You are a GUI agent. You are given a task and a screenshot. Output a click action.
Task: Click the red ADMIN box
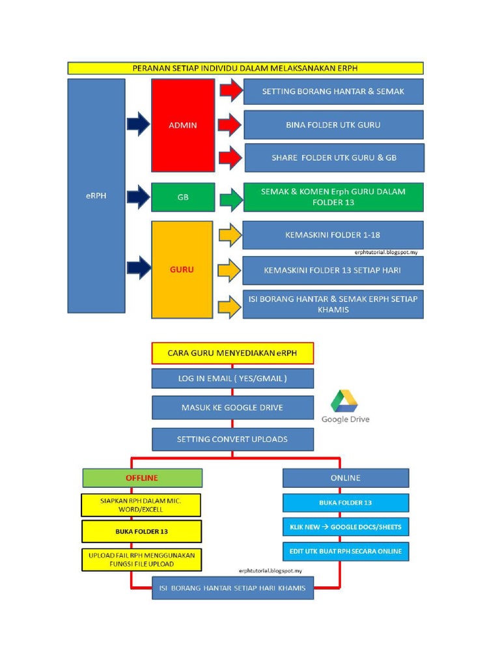point(183,125)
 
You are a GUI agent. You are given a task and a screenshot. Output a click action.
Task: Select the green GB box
point(183,197)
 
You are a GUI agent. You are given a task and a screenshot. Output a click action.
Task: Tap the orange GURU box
point(182,270)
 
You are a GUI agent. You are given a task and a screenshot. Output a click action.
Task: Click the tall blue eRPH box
point(96,196)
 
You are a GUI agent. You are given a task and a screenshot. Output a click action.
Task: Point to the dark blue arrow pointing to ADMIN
point(138,124)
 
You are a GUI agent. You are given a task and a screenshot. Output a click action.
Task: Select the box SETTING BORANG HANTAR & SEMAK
point(333,92)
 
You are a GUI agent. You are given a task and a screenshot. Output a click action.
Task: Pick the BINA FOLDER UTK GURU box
point(333,124)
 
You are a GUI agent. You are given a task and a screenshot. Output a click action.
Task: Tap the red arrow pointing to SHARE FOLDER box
point(230,158)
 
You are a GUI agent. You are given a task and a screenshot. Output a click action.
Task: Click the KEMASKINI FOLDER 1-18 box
point(333,234)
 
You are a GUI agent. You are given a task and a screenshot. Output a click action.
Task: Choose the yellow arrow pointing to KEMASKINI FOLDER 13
point(230,270)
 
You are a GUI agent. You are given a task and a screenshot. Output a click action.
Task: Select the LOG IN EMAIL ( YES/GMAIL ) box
point(232,378)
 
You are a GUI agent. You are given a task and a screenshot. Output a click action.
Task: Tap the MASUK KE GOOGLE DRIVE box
point(232,408)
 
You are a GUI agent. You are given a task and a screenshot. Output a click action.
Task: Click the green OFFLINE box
point(142,478)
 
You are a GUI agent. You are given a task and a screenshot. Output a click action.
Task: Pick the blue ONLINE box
point(346,478)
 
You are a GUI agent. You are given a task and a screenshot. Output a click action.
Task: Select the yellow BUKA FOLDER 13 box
point(142,532)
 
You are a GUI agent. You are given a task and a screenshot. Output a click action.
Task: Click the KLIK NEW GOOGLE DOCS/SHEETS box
point(346,527)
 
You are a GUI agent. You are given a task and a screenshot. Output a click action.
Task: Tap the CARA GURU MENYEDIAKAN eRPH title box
point(232,353)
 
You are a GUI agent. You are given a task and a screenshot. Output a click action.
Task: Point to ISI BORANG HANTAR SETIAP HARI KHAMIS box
point(232,588)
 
